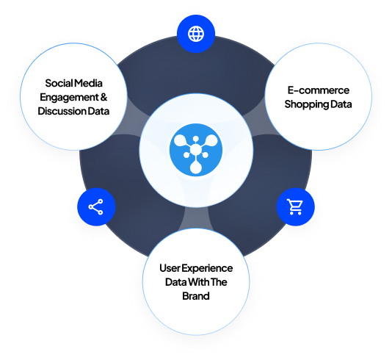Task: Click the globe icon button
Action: coord(196,34)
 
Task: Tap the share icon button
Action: coord(96,207)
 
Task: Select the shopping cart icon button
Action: coord(295,207)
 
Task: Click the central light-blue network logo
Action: coord(196,150)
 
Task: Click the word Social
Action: coord(59,83)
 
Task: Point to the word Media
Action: coord(89,83)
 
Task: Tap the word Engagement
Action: coord(70,98)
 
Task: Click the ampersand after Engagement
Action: coord(104,97)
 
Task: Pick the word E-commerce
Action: coord(319,90)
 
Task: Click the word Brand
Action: coord(196,296)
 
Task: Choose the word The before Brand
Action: coord(219,282)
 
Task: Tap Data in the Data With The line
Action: coord(176,282)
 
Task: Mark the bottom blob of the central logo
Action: coord(196,167)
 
